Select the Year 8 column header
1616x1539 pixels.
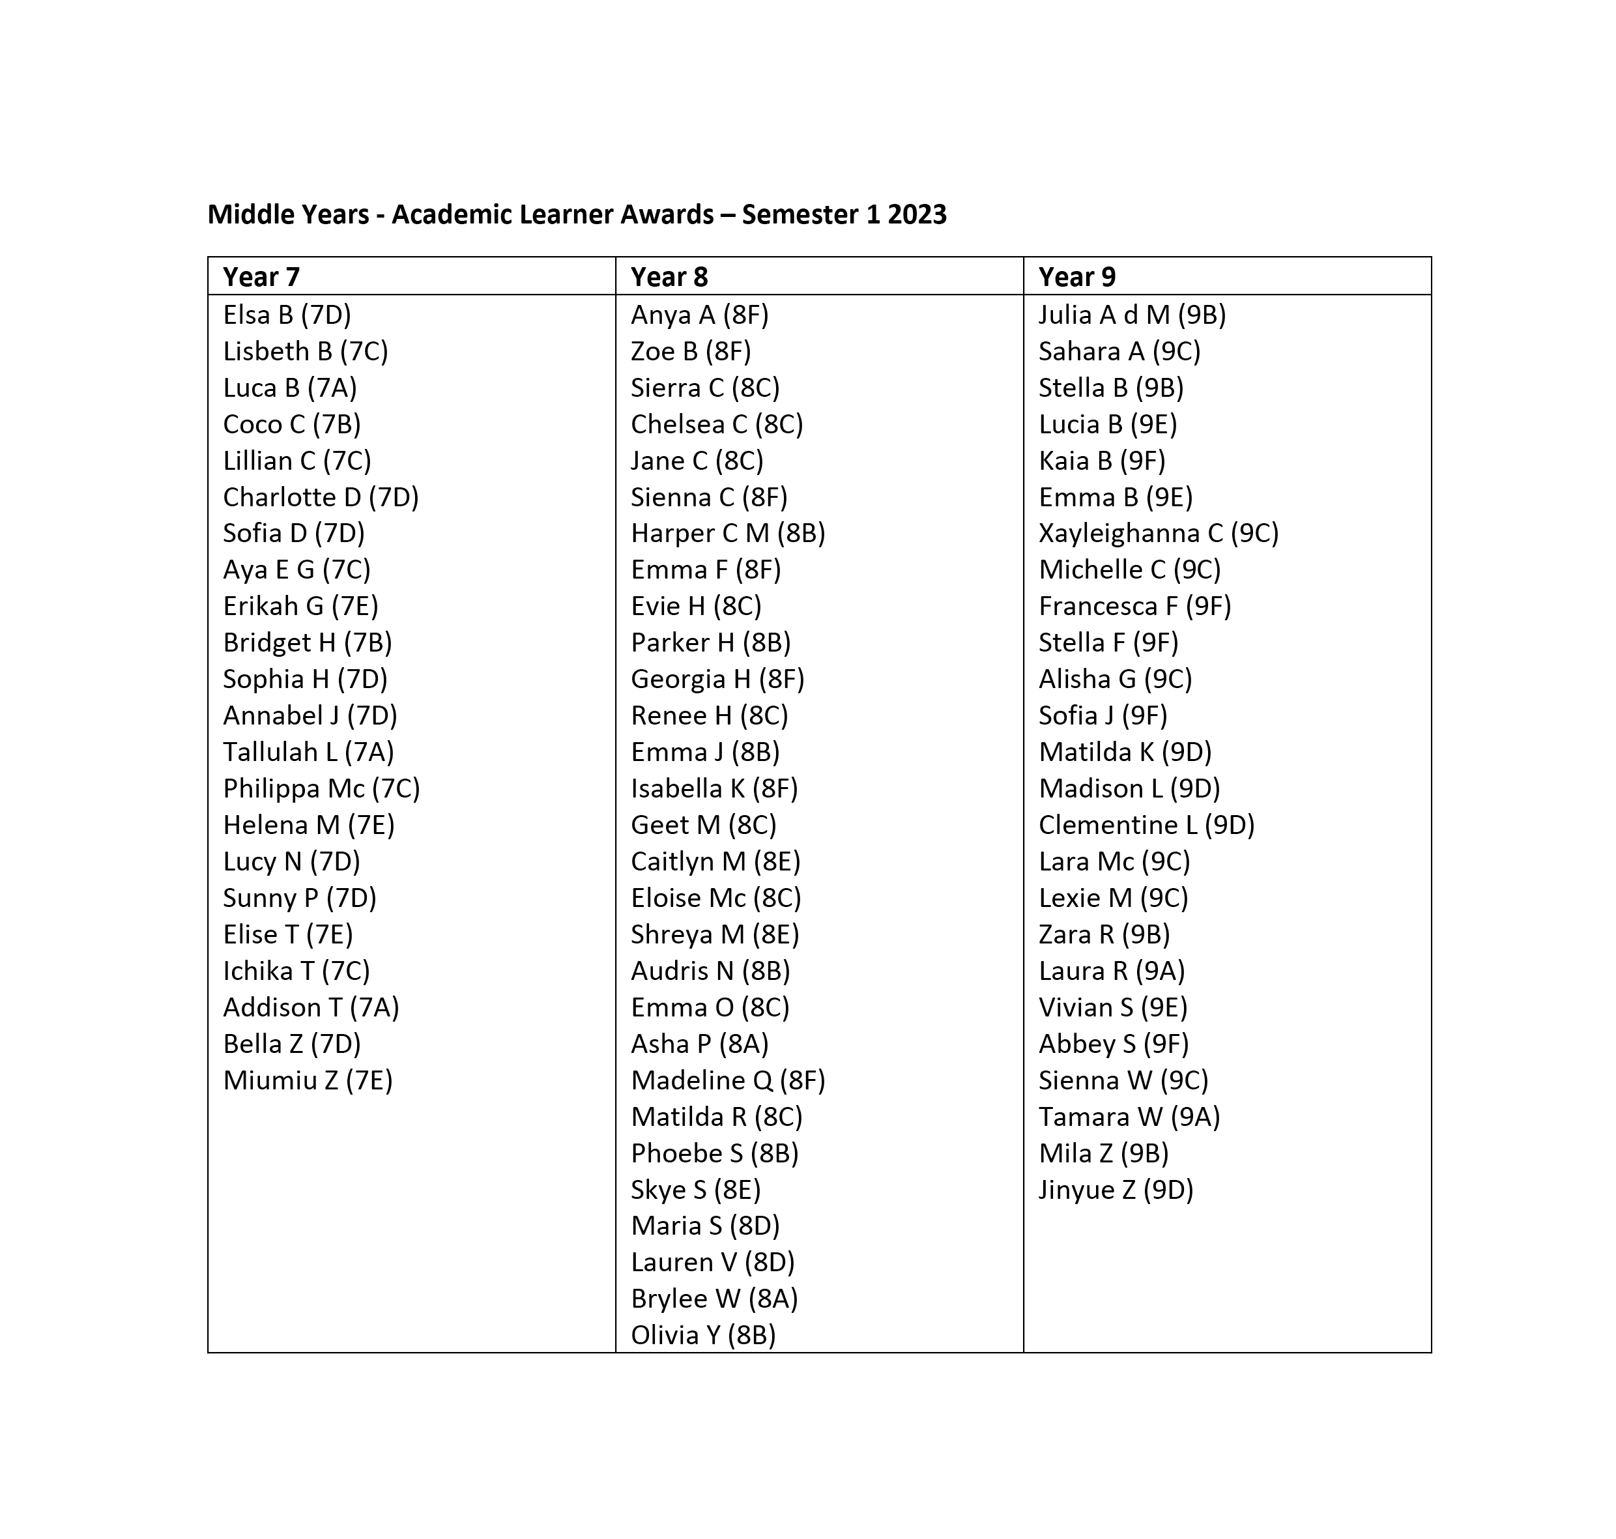click(x=669, y=278)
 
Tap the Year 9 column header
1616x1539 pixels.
click(x=1076, y=278)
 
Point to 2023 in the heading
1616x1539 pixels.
click(x=917, y=215)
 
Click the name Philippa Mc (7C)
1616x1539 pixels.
click(x=321, y=788)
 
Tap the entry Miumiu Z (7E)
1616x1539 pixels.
click(x=308, y=1080)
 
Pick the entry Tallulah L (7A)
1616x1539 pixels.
click(x=308, y=753)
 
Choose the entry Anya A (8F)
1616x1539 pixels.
click(x=700, y=315)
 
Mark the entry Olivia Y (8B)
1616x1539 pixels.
click(x=703, y=1336)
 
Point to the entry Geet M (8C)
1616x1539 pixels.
click(x=704, y=826)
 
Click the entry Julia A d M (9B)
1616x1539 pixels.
click(x=1132, y=315)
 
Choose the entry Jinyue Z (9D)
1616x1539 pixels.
click(x=1116, y=1190)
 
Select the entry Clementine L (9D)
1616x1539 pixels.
click(x=1147, y=826)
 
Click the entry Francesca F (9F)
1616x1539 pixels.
click(x=1134, y=606)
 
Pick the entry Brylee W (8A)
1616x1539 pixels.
click(x=714, y=1299)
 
